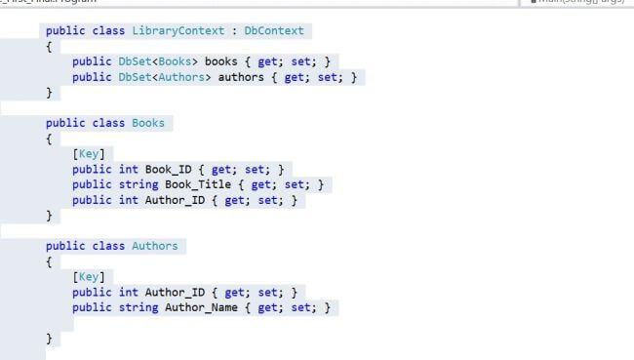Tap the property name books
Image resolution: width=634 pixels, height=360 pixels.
click(x=220, y=61)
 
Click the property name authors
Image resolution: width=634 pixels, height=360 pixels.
click(x=241, y=77)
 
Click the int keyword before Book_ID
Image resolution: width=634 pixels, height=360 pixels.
click(x=128, y=169)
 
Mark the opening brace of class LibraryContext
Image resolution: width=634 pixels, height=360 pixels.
click(x=49, y=46)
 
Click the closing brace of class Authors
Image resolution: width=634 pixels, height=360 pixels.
click(x=49, y=338)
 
